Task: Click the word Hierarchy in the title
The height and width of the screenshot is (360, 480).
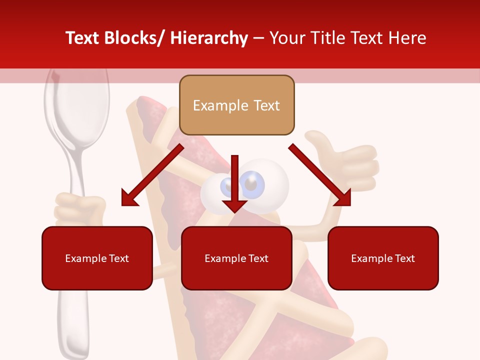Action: click(x=209, y=38)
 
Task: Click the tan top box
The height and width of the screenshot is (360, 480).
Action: click(x=236, y=105)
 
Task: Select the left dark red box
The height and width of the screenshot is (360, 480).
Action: click(x=97, y=258)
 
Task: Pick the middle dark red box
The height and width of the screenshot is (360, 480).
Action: click(x=236, y=258)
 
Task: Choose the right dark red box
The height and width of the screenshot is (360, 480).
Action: click(x=383, y=258)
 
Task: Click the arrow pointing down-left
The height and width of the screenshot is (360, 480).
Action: click(x=150, y=176)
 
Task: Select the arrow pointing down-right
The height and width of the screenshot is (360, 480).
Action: click(x=320, y=175)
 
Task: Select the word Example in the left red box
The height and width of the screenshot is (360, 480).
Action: click(x=85, y=258)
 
